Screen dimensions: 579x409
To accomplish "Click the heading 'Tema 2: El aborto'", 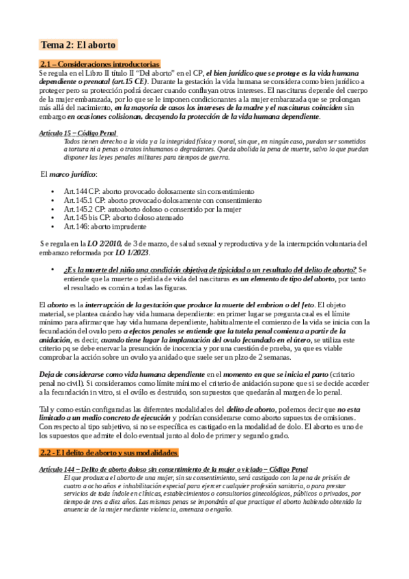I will click(x=79, y=45).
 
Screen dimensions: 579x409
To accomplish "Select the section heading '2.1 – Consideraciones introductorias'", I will click(x=100, y=63).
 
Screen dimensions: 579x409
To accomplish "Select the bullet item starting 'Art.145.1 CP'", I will click(x=163, y=201).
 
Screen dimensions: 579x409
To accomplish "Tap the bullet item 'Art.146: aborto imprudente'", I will click(x=104, y=226).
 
